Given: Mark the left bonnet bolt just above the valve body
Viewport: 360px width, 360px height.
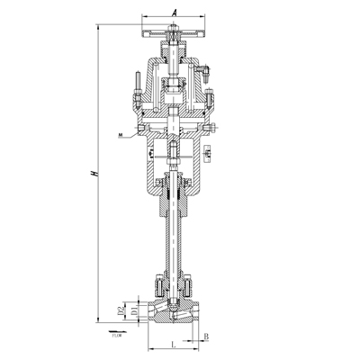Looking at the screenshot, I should pos(158,288).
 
